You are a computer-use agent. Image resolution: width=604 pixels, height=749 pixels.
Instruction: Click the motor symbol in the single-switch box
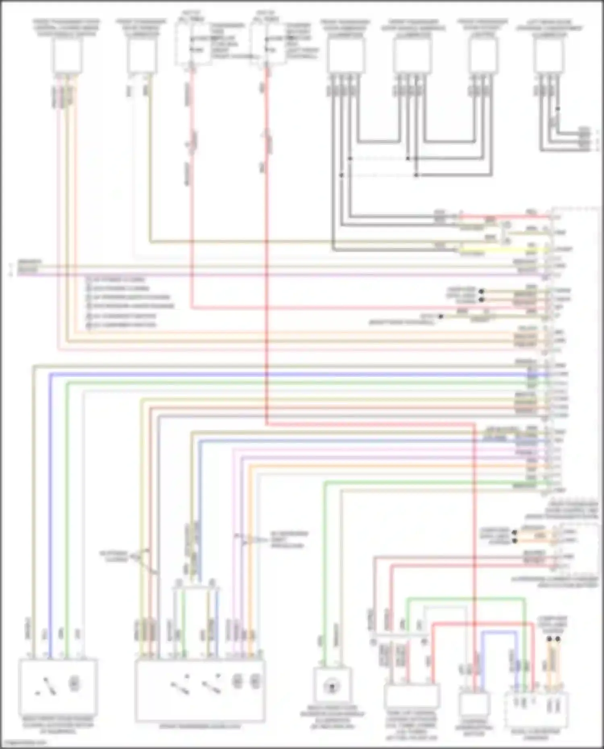coord(74,683)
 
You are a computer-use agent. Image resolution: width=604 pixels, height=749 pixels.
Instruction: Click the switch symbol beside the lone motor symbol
coord(48,686)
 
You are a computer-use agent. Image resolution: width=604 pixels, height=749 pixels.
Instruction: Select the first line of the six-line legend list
coord(117,279)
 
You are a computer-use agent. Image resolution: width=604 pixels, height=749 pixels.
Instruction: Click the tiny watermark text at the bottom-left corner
coord(24,743)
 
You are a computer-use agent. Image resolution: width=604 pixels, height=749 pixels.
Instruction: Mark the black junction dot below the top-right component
coord(558,109)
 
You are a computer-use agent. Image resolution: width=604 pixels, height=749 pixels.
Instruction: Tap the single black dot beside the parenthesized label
coord(441,317)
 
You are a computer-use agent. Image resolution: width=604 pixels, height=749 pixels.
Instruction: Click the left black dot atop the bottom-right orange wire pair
coord(549,639)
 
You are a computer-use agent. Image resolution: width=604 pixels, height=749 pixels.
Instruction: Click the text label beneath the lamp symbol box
coord(332,720)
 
